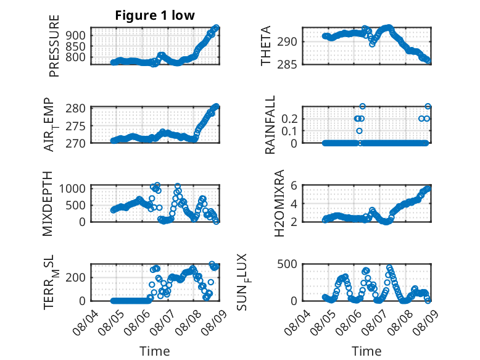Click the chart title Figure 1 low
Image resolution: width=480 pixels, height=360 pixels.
pyautogui.click(x=155, y=15)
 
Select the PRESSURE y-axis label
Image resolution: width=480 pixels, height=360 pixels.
pyautogui.click(x=54, y=46)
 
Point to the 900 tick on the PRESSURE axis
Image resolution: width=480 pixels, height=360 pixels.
pyautogui.click(x=77, y=35)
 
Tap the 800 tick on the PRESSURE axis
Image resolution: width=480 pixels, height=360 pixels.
pyautogui.click(x=77, y=57)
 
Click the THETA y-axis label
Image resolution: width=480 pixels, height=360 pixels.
pyautogui.click(x=266, y=46)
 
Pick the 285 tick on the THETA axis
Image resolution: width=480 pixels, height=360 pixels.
pyautogui.click(x=287, y=64)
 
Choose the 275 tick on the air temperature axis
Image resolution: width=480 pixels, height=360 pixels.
pyautogui.click(x=76, y=126)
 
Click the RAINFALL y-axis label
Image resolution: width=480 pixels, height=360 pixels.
pyautogui.click(x=270, y=125)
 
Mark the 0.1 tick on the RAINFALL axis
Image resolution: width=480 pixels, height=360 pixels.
pyautogui.click(x=289, y=131)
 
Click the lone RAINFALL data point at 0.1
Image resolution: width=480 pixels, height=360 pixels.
pyautogui.click(x=360, y=131)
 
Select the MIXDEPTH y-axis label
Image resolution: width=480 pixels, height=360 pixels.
pyautogui.click(x=48, y=204)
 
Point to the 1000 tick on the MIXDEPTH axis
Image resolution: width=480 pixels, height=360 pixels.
pyautogui.click(x=73, y=188)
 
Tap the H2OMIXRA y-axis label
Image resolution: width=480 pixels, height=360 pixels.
pyautogui.click(x=279, y=203)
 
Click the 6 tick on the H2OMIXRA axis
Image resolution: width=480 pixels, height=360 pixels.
pyautogui.click(x=294, y=185)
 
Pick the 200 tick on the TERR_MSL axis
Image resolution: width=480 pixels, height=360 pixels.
pyautogui.click(x=77, y=278)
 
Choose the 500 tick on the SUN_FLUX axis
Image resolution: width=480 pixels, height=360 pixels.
pyautogui.click(x=287, y=264)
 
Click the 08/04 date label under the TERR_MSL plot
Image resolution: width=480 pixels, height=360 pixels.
pyautogui.click(x=86, y=322)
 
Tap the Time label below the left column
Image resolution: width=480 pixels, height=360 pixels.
pyautogui.click(x=155, y=351)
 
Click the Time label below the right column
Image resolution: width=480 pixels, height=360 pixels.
pyautogui.click(x=366, y=351)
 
